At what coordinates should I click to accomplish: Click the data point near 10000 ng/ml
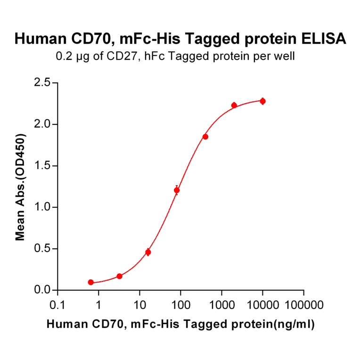click(262, 101)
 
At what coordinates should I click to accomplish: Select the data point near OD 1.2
click(177, 190)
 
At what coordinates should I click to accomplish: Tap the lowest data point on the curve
click(90, 282)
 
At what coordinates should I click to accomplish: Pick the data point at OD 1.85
click(205, 137)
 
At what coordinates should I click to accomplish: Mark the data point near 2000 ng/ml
click(234, 105)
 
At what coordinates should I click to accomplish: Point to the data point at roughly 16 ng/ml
click(148, 252)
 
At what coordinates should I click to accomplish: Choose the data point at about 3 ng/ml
click(119, 276)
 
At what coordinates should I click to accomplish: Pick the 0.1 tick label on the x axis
click(57, 305)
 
